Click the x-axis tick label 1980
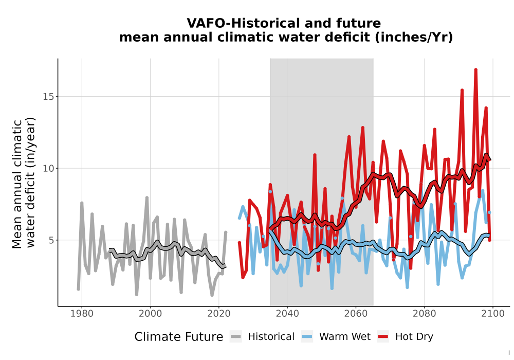coord(82,314)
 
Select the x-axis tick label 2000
coord(150,314)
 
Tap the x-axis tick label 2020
coord(218,314)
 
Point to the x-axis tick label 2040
coord(287,314)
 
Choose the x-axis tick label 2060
coord(356,314)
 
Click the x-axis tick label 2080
coord(424,314)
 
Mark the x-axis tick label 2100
coord(493,314)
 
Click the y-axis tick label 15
coord(48,97)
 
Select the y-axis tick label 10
coord(48,169)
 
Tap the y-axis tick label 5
coord(51,240)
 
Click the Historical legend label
coord(271,337)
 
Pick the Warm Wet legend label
coord(345,337)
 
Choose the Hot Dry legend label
coord(414,337)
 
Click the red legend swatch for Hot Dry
coord(383,337)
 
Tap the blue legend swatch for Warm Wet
coord(307,337)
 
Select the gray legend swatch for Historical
coord(236,337)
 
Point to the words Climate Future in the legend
coord(179,337)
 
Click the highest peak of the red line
coord(475,69)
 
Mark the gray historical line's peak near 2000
coord(147,197)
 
